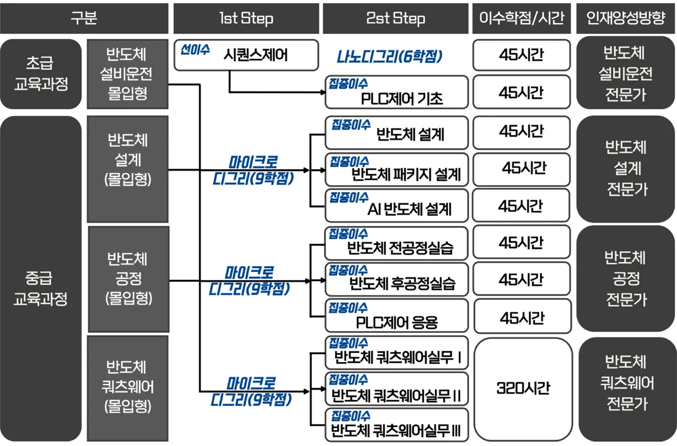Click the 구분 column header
(x=84, y=18)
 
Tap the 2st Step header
(x=395, y=18)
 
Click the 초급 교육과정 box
(x=41, y=74)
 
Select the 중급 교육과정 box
(x=41, y=279)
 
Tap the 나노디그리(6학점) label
(x=390, y=56)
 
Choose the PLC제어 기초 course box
(x=397, y=92)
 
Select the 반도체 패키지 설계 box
(x=397, y=169)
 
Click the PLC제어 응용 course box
(x=397, y=315)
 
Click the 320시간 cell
(x=523, y=388)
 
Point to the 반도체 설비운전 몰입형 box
(x=128, y=74)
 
